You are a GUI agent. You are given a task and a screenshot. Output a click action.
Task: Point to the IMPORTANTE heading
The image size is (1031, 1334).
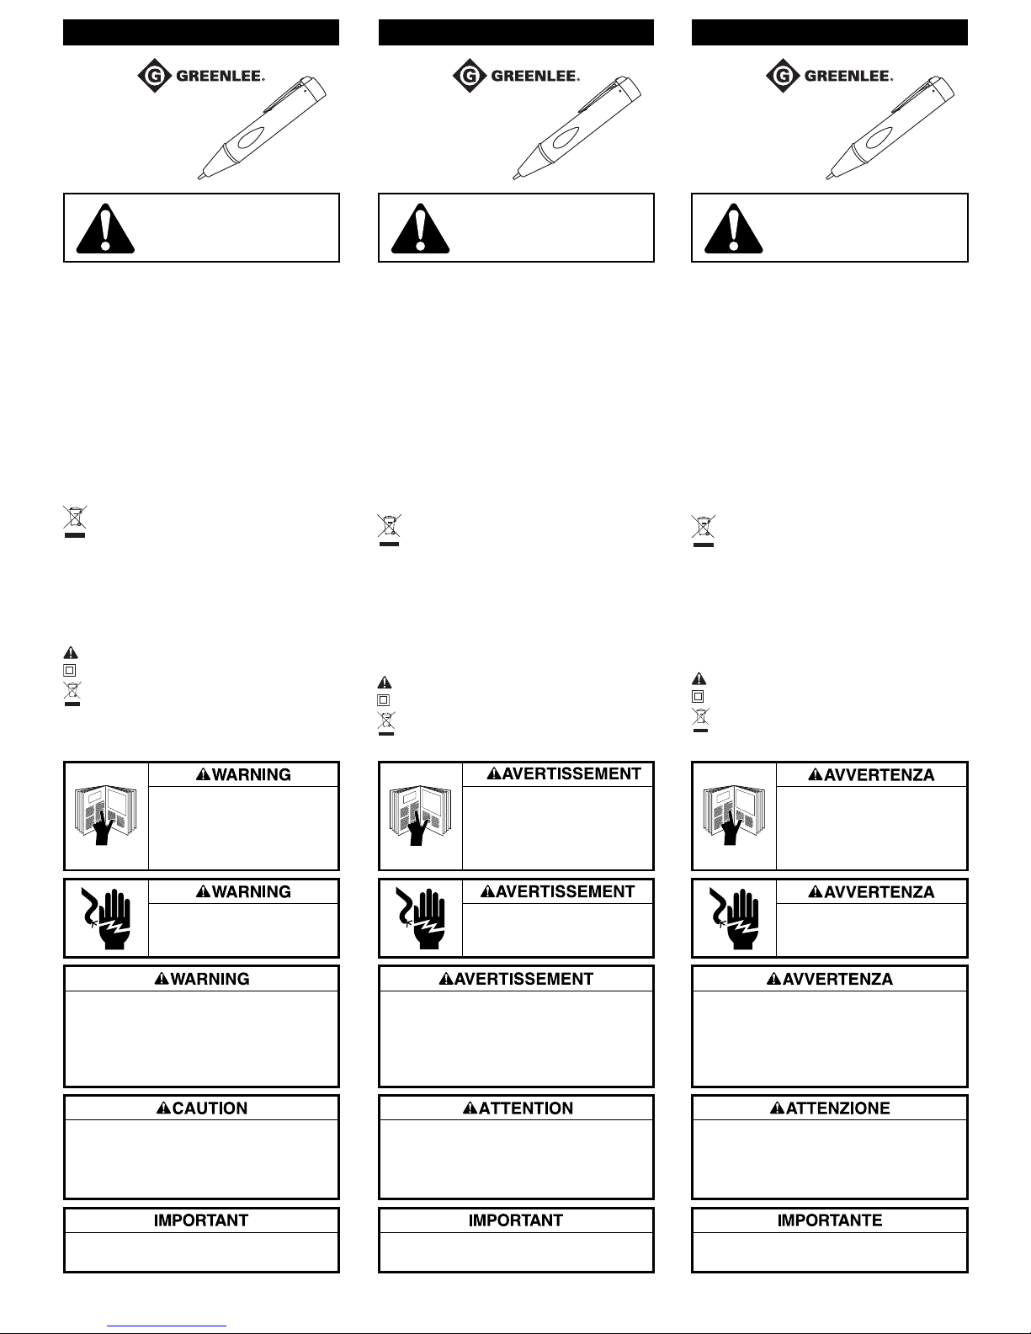click(x=830, y=1220)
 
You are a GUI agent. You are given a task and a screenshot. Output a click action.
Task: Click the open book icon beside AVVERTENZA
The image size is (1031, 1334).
click(x=733, y=816)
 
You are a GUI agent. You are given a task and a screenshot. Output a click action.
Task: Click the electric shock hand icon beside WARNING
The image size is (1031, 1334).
click(x=106, y=918)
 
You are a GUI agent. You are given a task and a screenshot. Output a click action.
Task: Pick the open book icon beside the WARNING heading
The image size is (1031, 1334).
click(x=106, y=816)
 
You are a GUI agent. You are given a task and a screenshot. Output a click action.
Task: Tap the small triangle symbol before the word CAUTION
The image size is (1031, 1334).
click(x=163, y=1108)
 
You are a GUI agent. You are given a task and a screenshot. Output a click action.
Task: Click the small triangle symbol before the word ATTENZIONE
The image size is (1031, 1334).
click(x=777, y=1108)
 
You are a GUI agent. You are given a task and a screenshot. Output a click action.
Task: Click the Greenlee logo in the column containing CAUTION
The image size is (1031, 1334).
click(x=202, y=77)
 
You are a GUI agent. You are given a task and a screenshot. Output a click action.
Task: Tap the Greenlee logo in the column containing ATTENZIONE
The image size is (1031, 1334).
click(x=830, y=77)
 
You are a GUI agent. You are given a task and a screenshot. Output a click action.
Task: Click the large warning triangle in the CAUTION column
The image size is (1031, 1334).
click(x=105, y=228)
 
